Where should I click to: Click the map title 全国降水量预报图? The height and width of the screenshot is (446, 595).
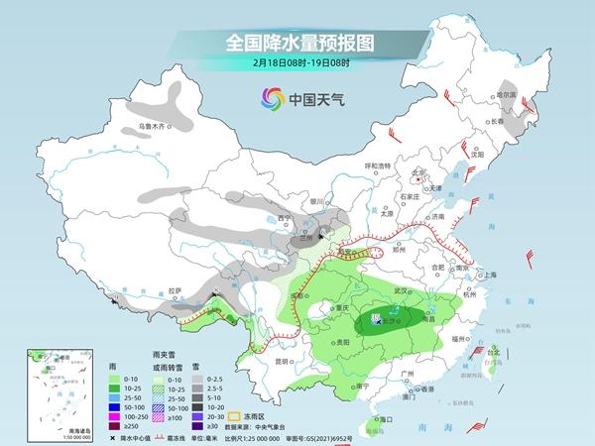coord(298,45)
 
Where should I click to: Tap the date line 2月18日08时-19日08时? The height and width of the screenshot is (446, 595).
coord(298,65)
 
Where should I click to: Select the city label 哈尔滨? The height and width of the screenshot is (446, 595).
coord(507,94)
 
